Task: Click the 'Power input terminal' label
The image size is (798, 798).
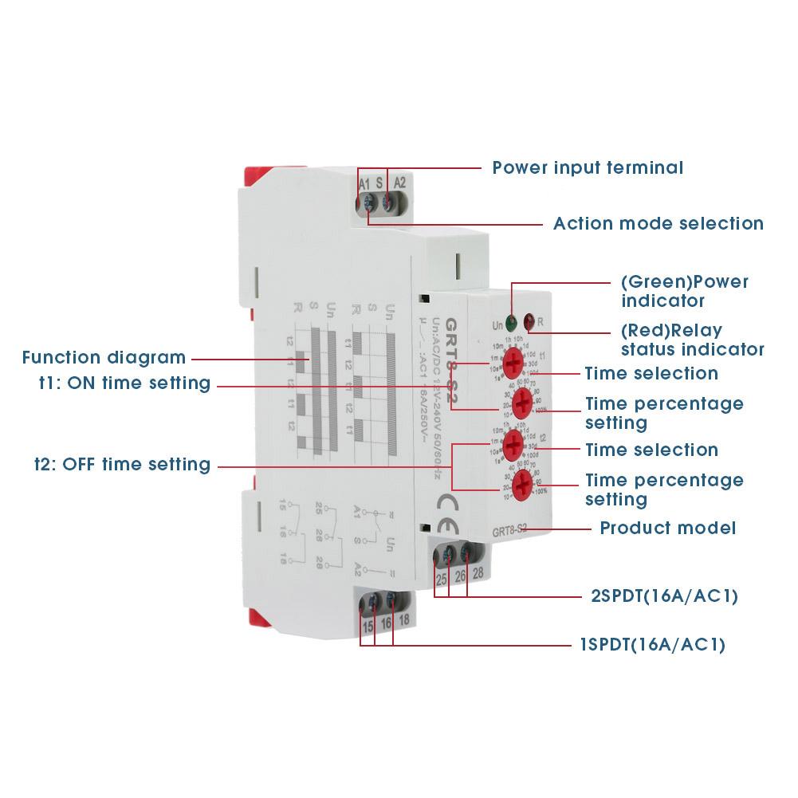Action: [588, 168]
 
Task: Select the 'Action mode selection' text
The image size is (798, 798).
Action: [658, 224]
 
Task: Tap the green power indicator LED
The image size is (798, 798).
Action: [511, 323]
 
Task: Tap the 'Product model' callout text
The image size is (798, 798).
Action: [667, 528]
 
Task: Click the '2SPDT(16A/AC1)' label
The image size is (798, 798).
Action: [658, 596]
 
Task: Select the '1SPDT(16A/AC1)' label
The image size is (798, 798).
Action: [652, 645]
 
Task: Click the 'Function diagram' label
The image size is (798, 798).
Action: [104, 358]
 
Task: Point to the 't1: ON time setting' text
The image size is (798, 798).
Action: [125, 383]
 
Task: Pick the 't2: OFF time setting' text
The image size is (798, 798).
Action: [122, 464]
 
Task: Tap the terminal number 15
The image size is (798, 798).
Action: [368, 627]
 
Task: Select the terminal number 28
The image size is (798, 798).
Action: [477, 574]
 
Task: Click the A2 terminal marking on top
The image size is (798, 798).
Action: [400, 182]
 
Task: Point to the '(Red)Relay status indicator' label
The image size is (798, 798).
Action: [692, 340]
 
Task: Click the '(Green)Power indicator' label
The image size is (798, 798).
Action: [684, 291]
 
